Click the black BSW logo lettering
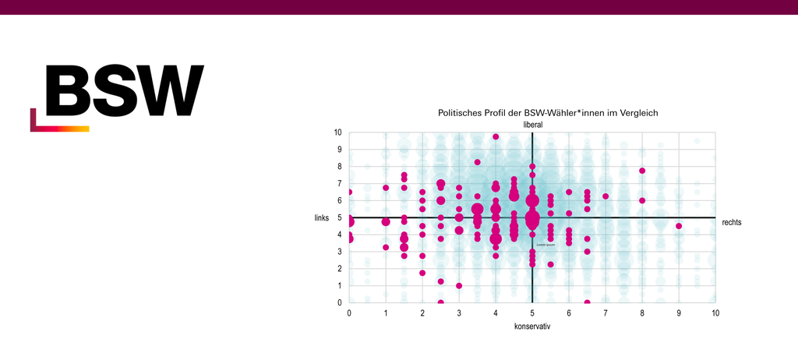point(124,90)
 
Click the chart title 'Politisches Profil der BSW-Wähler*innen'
point(548,113)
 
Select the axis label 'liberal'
point(532,125)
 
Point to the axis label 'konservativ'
point(532,326)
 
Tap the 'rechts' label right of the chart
point(732,222)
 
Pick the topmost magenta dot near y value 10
point(496,137)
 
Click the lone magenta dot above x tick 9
point(679,226)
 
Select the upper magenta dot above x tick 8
point(642,171)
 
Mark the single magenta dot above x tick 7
point(606,196)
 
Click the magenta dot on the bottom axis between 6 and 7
point(587,302)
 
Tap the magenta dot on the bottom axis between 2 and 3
point(440,302)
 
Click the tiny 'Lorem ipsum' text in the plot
point(546,245)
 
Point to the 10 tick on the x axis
point(715,312)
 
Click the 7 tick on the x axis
point(606,312)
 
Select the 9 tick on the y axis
point(339,150)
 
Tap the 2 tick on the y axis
point(339,269)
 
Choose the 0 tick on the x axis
point(349,312)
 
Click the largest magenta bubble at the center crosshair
point(532,219)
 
